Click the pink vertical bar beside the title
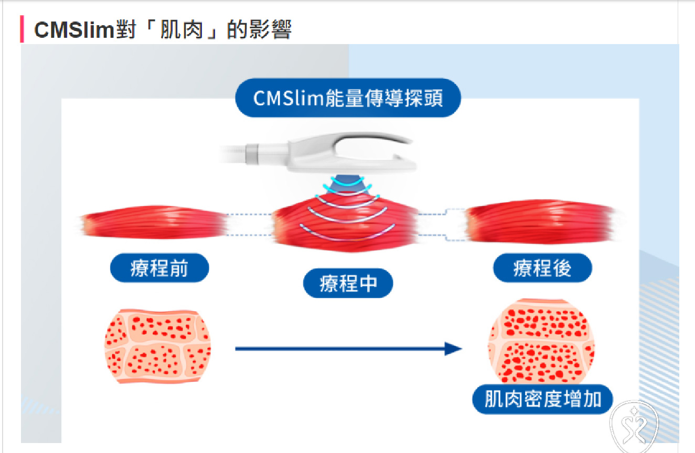pos(22,29)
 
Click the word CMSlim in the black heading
pos(74,30)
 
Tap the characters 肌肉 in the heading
pos(182,30)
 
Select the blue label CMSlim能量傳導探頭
pos(348,98)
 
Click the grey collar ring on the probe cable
pos(252,154)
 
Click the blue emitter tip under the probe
pos(348,184)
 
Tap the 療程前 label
pos(159,268)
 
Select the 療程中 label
pos(348,283)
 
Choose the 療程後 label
pos(542,268)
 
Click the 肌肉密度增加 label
pos(542,399)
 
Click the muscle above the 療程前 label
pos(154,222)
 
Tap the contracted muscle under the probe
pos(346,222)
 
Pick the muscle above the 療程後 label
pos(541,221)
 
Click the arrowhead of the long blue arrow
pos(453,349)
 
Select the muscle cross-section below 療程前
pos(157,346)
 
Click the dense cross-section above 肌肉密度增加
pos(541,342)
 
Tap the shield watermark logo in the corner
pos(634,427)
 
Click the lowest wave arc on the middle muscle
pos(347,238)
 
